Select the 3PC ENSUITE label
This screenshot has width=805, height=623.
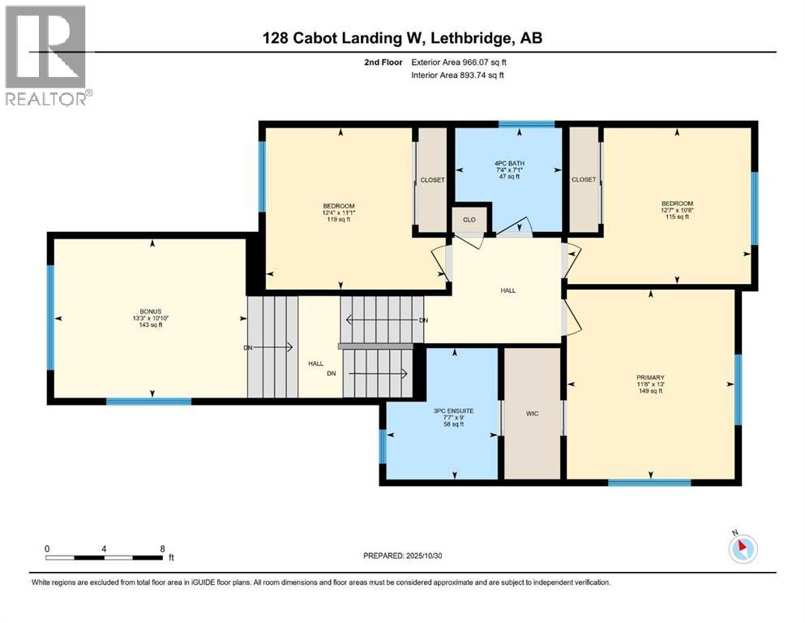[x=442, y=411]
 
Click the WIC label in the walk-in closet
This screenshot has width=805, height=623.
[x=533, y=414]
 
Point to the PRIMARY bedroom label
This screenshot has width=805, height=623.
[x=651, y=377]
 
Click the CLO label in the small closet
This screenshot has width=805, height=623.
[x=469, y=219]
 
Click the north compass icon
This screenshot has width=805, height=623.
[x=743, y=548]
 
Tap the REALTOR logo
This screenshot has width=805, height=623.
[x=47, y=56]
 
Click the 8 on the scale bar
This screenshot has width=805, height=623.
[x=163, y=549]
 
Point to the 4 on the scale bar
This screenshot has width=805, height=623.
[x=105, y=549]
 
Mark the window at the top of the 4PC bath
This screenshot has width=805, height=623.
[x=526, y=124]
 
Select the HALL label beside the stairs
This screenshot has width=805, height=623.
[x=315, y=364]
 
